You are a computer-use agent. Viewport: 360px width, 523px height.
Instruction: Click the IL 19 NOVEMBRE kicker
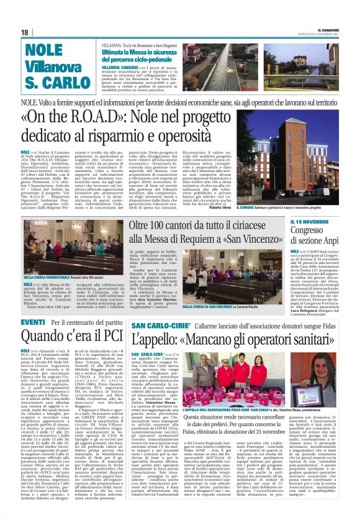(x=292, y=221)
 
